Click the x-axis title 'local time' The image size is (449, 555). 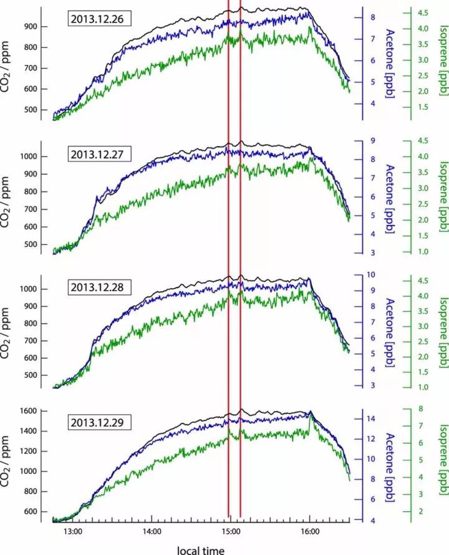pos(201,549)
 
